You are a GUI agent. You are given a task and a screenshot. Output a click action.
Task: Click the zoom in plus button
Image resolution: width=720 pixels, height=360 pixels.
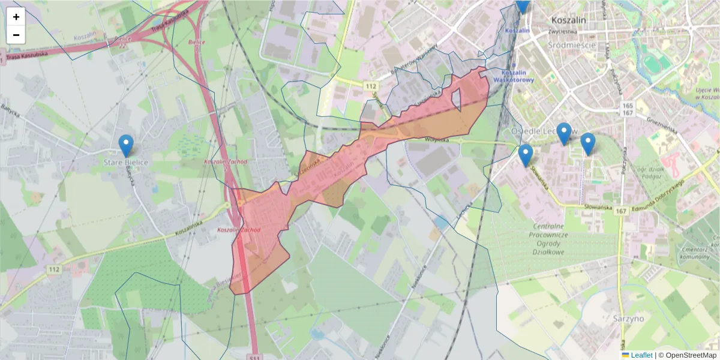(16, 17)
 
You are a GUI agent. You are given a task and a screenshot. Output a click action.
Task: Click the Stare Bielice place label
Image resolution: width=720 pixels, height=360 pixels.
(125, 163)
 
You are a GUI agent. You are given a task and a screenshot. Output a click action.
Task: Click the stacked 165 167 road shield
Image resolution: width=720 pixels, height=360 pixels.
(628, 109)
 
